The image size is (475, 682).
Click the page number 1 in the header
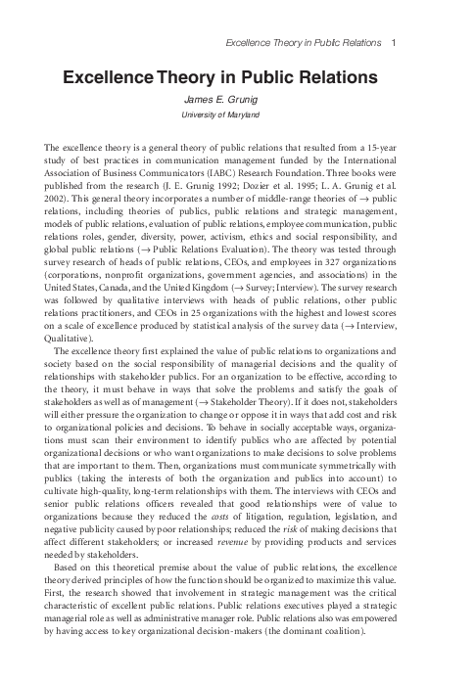point(393,43)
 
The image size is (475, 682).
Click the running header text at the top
point(301,43)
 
